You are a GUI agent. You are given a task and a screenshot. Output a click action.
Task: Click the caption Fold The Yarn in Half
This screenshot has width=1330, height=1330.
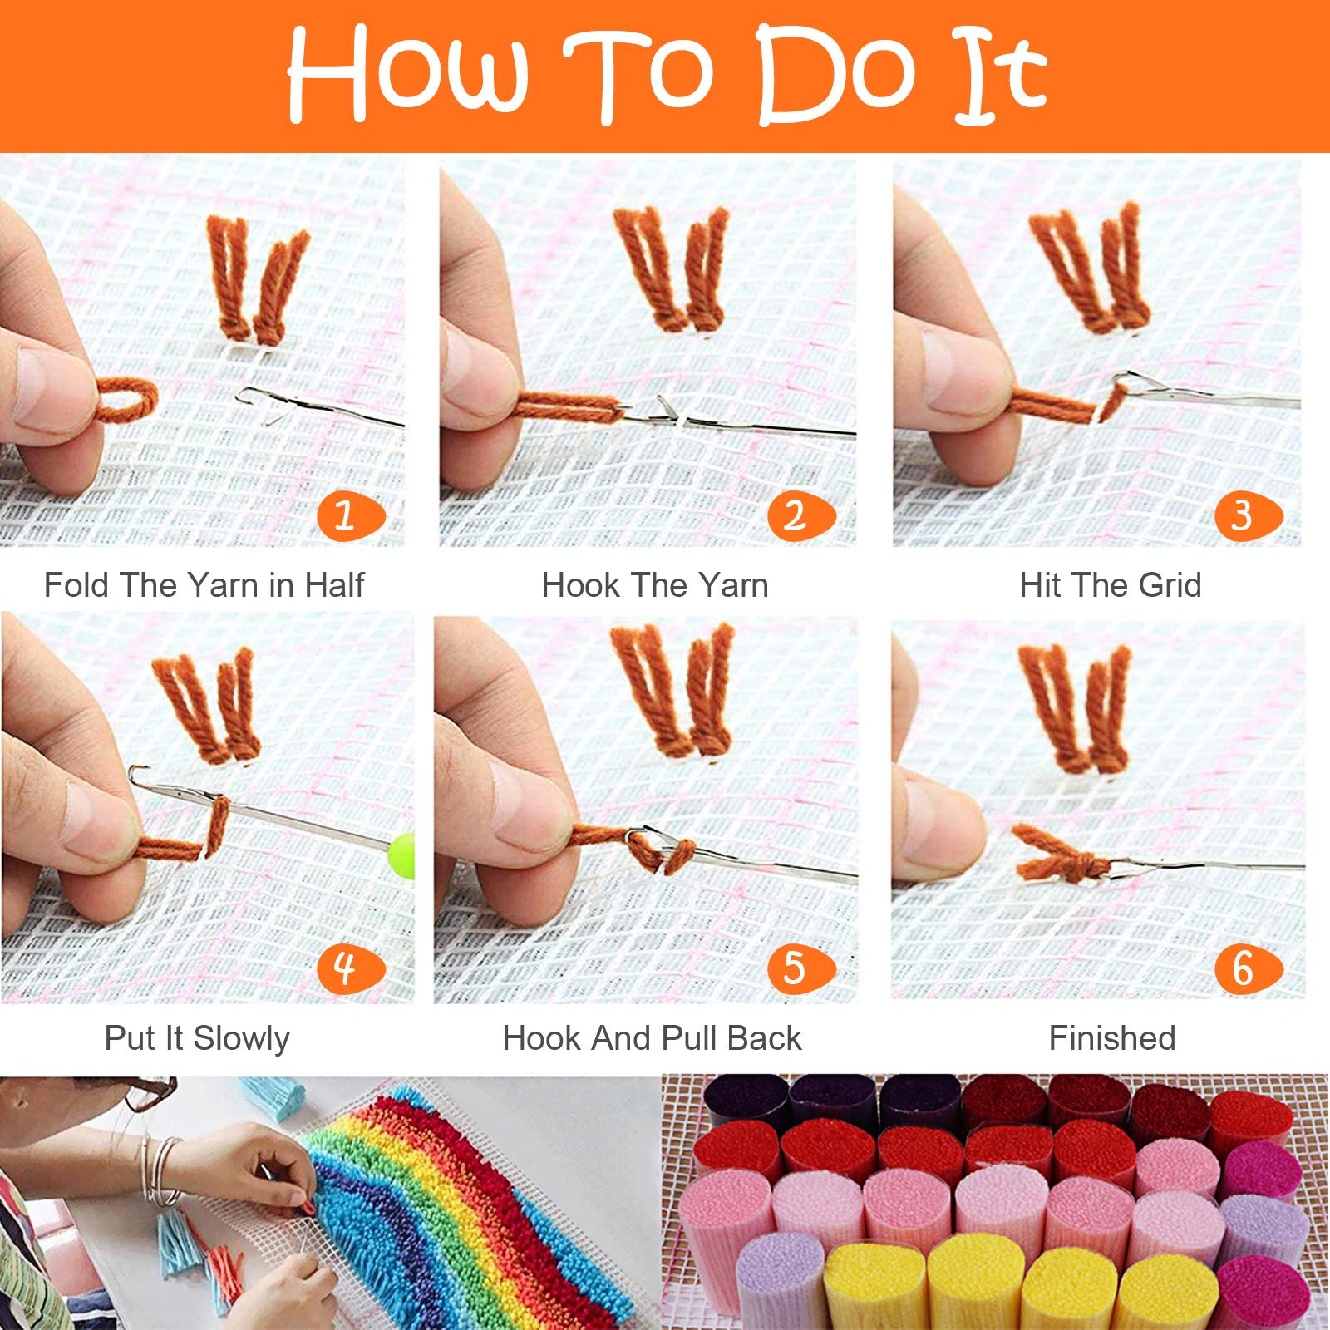click(x=204, y=585)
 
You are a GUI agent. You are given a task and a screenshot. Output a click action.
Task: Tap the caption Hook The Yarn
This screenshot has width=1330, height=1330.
click(x=655, y=585)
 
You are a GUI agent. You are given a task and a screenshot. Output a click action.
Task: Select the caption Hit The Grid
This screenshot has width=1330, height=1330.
click(x=1111, y=585)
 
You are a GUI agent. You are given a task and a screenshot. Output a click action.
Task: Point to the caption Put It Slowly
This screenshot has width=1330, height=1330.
click(x=197, y=1038)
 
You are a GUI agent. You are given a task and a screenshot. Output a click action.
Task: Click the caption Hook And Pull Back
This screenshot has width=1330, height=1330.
click(x=653, y=1038)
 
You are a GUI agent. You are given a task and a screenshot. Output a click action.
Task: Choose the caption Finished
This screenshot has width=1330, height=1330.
click(x=1112, y=1038)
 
